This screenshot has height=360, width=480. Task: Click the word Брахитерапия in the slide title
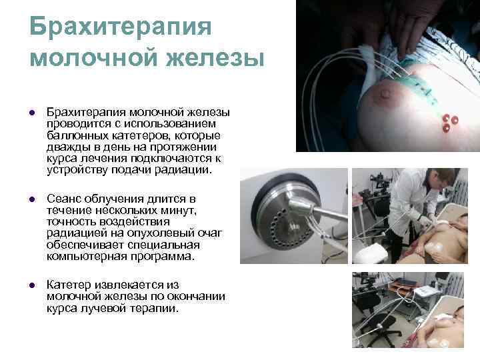pos(121,27)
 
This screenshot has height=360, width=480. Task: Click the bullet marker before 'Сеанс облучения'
pos(31,200)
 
